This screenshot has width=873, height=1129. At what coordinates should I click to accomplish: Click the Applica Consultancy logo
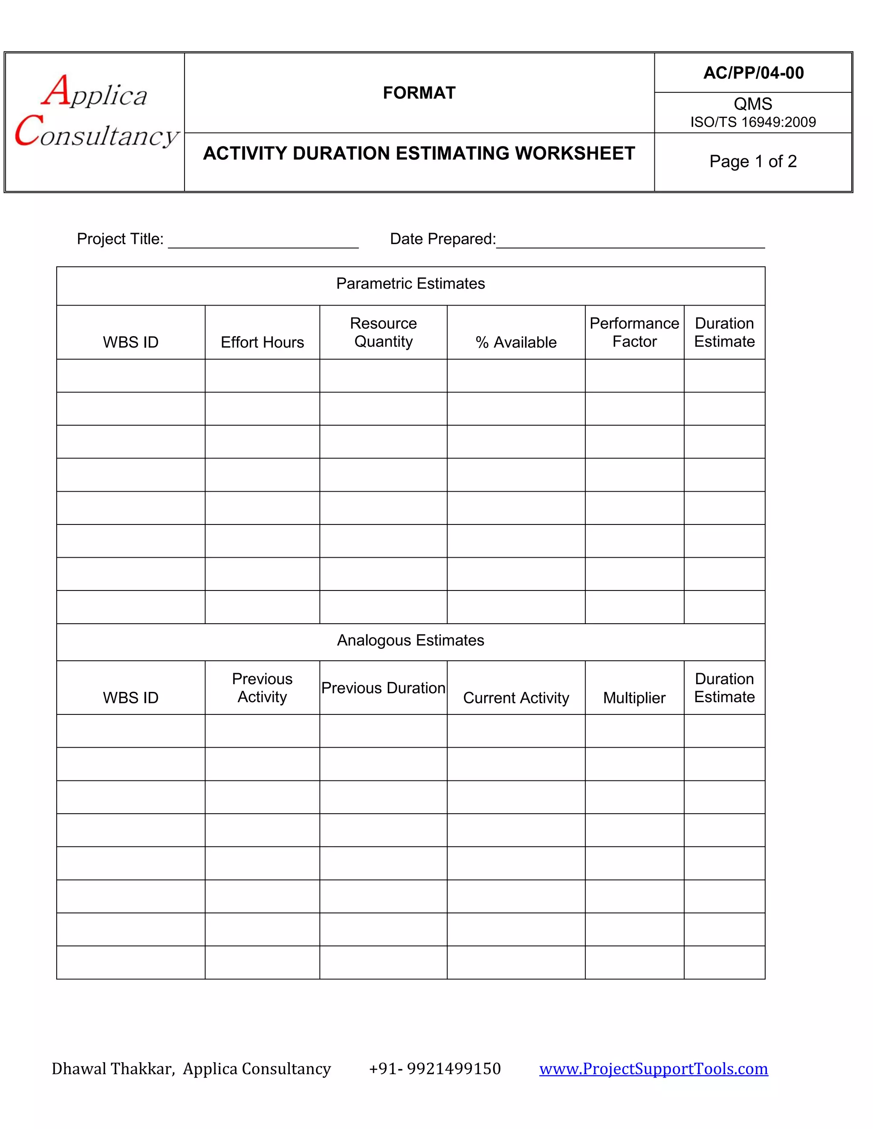point(95,111)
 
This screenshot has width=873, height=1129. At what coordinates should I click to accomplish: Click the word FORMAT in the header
point(419,93)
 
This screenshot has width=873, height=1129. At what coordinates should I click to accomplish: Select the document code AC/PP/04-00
point(753,73)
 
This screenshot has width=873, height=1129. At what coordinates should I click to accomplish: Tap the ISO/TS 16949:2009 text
point(753,122)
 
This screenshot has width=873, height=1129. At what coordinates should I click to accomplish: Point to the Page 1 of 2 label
point(753,161)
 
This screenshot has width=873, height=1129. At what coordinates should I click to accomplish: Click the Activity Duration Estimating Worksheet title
point(419,153)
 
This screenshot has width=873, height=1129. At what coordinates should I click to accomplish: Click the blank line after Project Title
point(263,243)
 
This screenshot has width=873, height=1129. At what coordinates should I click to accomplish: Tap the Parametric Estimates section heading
point(410,283)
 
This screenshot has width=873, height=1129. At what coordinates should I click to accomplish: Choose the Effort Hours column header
point(262,342)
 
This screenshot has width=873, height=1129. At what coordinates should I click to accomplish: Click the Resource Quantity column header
point(383,332)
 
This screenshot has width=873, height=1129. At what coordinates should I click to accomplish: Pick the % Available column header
point(516,342)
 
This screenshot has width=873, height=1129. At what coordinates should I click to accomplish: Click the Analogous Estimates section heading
point(410,640)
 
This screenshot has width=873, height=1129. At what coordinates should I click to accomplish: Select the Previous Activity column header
point(262,688)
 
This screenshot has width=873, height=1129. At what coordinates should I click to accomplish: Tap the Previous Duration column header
point(383,688)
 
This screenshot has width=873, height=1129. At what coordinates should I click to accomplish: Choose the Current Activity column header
point(516,698)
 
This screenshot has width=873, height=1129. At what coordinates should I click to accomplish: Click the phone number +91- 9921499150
point(435,1069)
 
